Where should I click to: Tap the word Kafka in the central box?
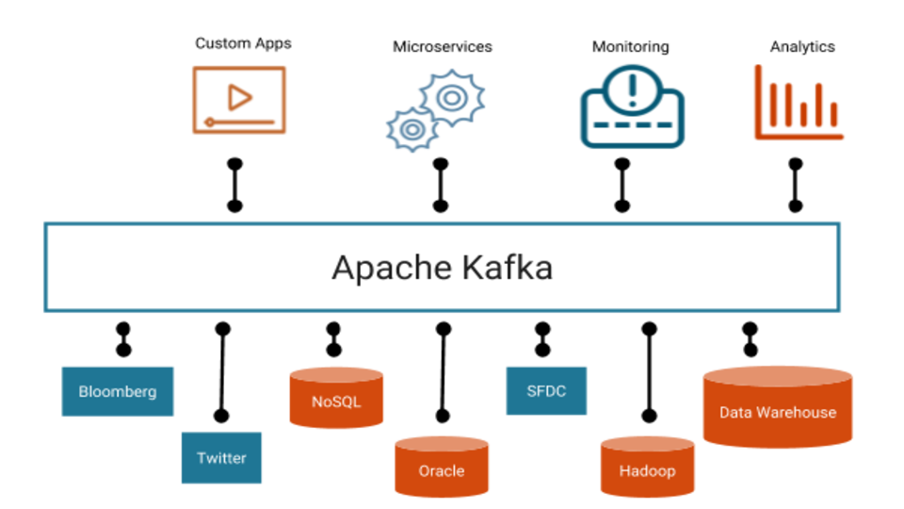[x=508, y=268]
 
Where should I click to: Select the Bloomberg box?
[x=118, y=391]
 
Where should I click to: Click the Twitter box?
[x=221, y=458]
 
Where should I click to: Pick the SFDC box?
[x=546, y=390]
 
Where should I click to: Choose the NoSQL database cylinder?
[x=336, y=401]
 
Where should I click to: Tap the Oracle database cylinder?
[x=442, y=469]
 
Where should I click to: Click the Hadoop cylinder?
[x=647, y=469]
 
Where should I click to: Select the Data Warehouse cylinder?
[x=777, y=412]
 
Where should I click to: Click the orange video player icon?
[x=239, y=100]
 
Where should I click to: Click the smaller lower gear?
[x=411, y=128]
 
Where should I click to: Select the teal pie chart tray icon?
[x=632, y=108]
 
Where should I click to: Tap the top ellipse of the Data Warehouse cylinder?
[x=777, y=375]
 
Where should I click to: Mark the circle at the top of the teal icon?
[x=632, y=86]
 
